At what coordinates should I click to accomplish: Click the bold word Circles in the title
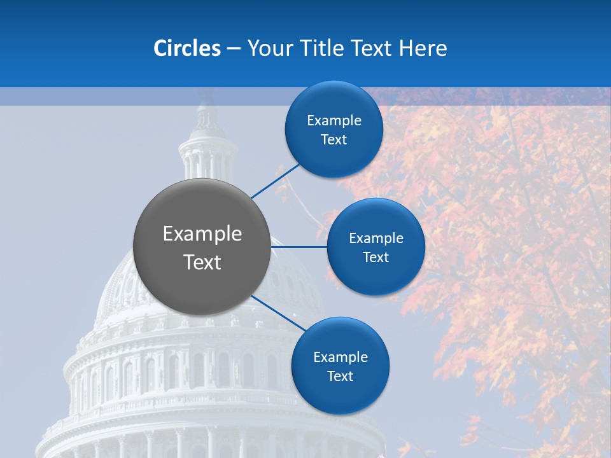click(x=187, y=48)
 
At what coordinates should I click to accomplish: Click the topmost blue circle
click(x=334, y=129)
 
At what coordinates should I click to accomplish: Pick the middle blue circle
click(x=376, y=247)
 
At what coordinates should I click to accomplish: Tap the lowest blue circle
click(x=340, y=366)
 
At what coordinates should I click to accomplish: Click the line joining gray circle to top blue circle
click(x=275, y=181)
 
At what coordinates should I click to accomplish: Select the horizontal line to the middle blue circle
click(x=299, y=247)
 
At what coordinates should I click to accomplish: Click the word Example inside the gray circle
click(x=202, y=234)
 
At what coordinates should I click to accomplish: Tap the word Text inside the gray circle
click(x=202, y=262)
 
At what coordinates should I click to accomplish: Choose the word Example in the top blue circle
click(x=334, y=121)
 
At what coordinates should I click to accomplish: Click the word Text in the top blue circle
click(x=334, y=140)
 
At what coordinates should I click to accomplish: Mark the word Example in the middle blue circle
click(x=376, y=239)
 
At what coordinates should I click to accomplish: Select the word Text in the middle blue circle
click(x=376, y=258)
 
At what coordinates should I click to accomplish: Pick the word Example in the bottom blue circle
click(x=341, y=357)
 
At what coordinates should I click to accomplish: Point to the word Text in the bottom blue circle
click(x=341, y=377)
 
